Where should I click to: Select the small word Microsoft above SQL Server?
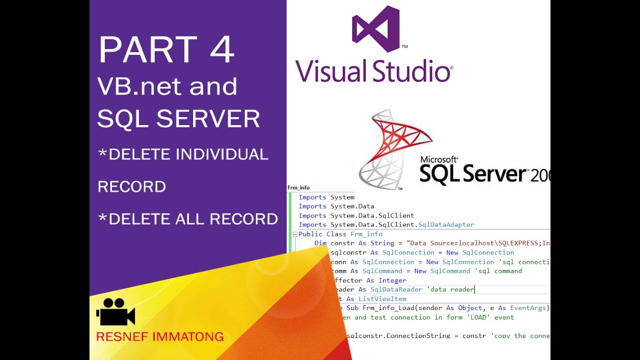tap(439, 159)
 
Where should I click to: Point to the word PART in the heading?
tap(148, 50)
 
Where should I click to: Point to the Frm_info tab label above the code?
tap(298, 188)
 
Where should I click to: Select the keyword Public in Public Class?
tap(310, 234)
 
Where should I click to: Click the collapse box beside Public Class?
tap(295, 234)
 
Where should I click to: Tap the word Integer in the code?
tap(392, 280)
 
